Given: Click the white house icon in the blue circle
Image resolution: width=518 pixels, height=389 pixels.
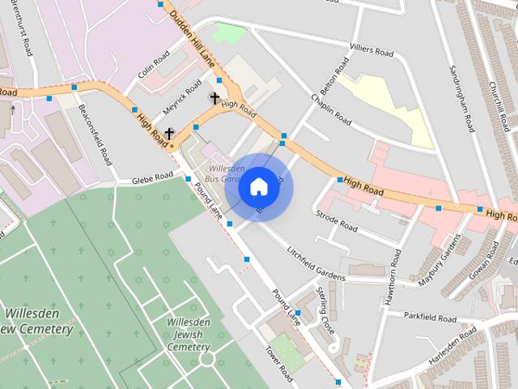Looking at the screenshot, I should [x=258, y=186].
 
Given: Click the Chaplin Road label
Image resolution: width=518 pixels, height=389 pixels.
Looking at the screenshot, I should [x=330, y=109].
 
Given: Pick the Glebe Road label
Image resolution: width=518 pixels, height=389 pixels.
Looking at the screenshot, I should [x=153, y=176].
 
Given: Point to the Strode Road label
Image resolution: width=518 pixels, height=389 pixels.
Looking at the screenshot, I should [x=337, y=222].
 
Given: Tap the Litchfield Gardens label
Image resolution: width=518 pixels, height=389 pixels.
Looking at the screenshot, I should [x=316, y=263].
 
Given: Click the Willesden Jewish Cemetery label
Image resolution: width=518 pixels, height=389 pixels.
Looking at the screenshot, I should [x=188, y=334].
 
